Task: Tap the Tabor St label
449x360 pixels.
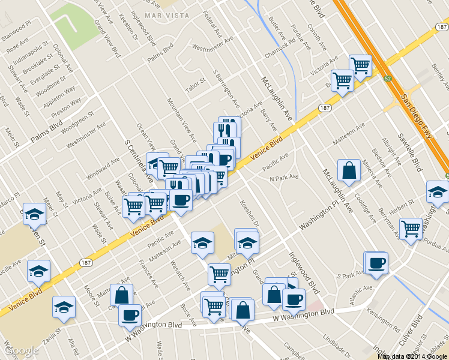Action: (196, 85)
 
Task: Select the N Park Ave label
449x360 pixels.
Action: (283, 178)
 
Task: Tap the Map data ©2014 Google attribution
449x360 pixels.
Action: (412, 356)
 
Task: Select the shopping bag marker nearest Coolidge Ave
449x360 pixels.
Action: (349, 170)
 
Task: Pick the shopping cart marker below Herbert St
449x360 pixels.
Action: (411, 229)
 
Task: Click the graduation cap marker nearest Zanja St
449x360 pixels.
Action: (64, 307)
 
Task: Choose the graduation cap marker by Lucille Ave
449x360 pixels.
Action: (39, 271)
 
